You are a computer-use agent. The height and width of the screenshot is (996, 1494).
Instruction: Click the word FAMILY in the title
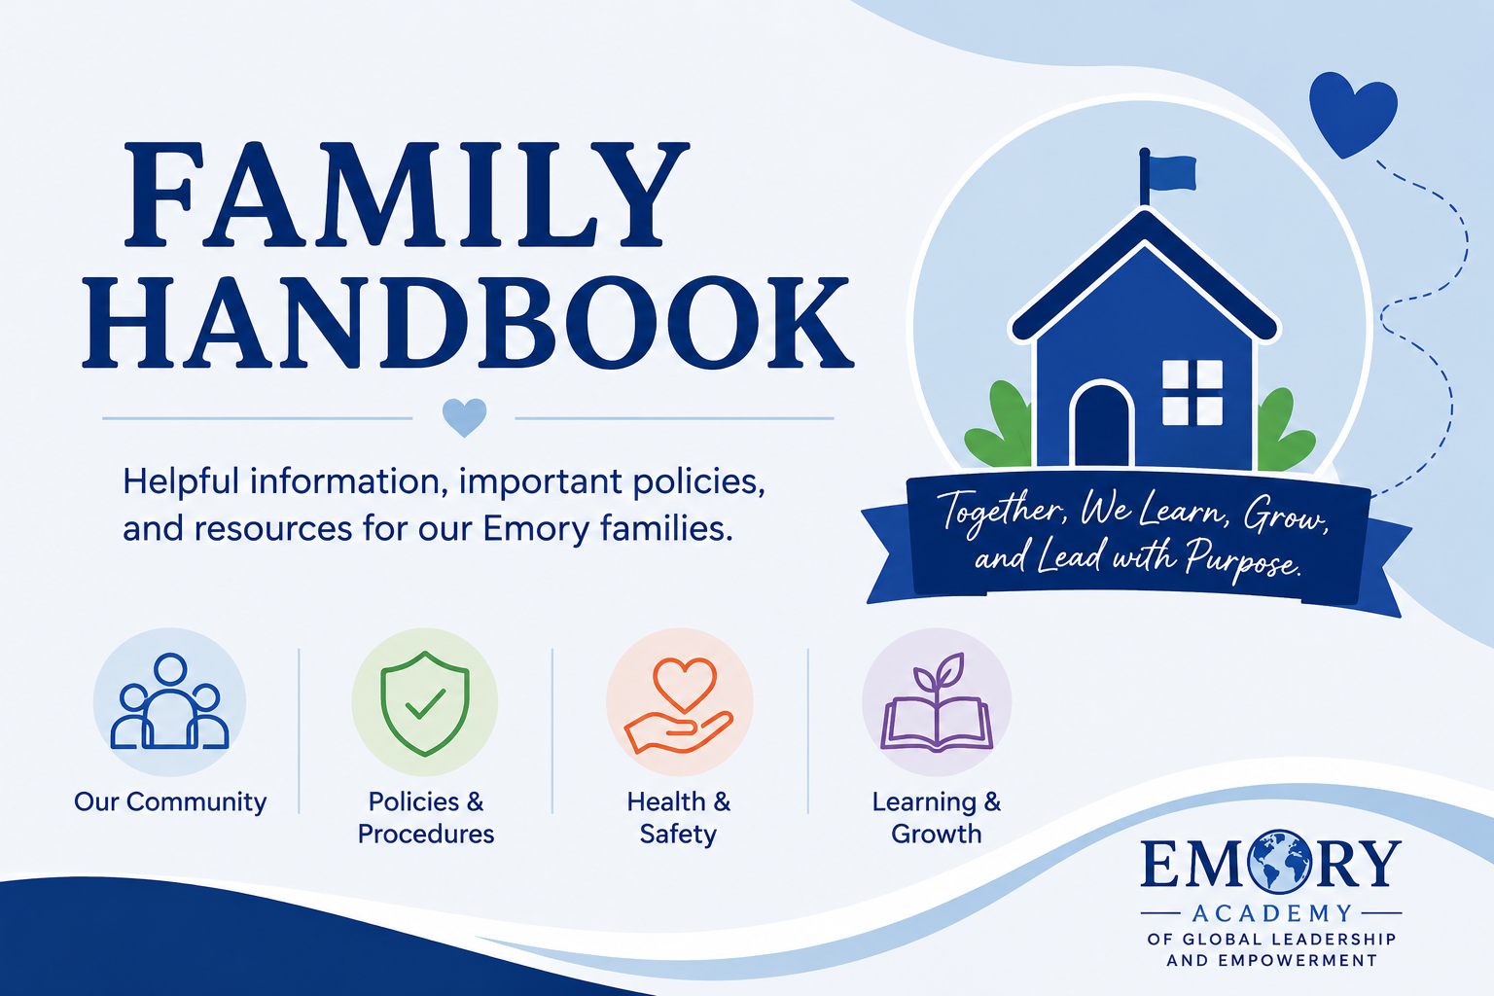[407, 195]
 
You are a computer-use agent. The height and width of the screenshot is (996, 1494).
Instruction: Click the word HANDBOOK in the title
[468, 323]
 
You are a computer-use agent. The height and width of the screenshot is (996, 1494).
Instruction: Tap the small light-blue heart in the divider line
[464, 417]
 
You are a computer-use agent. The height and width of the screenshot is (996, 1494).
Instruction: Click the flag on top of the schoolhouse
[1167, 175]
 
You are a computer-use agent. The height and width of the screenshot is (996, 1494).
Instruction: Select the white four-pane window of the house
[1192, 392]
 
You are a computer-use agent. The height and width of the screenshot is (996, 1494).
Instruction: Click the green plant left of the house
[999, 425]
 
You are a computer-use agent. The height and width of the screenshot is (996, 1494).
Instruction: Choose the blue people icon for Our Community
[169, 701]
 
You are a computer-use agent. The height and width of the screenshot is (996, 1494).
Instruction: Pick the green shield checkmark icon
[425, 703]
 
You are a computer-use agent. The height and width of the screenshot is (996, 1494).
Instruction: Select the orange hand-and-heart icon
[679, 705]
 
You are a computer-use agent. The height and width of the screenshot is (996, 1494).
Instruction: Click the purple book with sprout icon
[937, 702]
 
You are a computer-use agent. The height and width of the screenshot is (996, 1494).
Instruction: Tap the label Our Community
[170, 801]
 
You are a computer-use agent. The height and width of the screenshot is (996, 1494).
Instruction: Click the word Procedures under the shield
[425, 834]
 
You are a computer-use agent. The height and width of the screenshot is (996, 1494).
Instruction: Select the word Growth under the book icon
[937, 834]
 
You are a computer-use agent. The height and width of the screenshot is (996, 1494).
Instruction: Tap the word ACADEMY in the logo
[1272, 912]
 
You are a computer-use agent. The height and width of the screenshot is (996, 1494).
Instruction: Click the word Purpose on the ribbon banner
[1243, 559]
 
